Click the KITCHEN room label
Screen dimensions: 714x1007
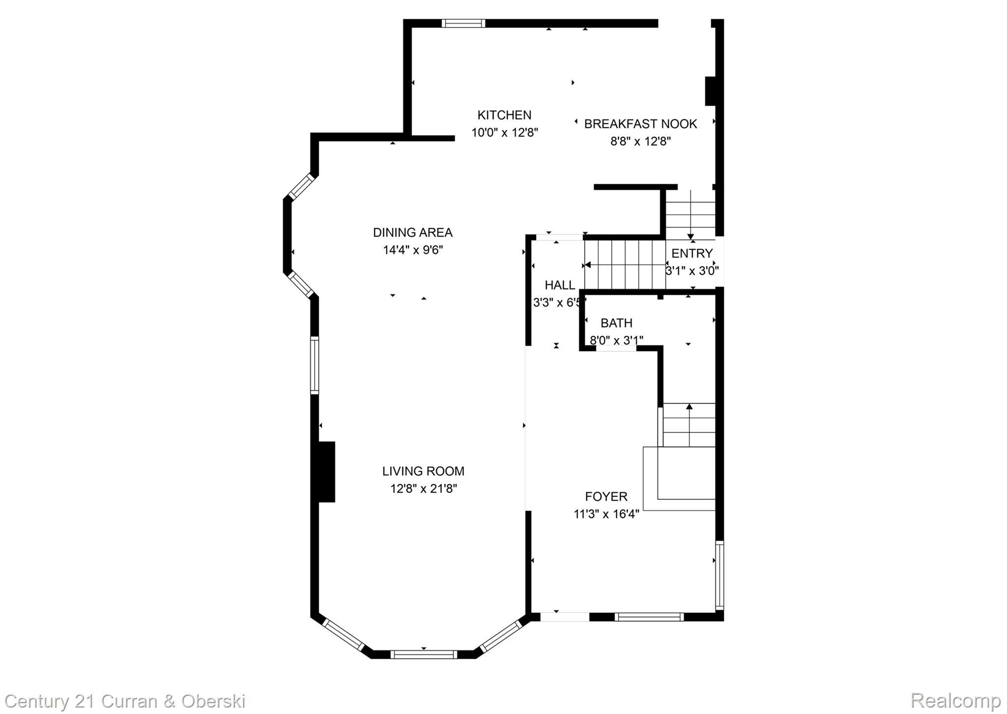coord(504,115)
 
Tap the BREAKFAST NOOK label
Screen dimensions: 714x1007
coord(640,124)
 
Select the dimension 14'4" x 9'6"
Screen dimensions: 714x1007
coord(413,250)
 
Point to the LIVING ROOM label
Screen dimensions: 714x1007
coord(423,471)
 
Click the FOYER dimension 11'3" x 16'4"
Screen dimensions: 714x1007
coord(606,514)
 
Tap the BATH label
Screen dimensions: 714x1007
coord(616,323)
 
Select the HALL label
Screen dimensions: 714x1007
coord(560,285)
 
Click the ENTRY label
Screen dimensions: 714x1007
coord(692,254)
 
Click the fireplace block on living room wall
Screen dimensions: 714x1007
coord(326,472)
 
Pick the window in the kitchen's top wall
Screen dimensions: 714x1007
coord(463,23)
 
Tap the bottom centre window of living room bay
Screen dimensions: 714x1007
coord(423,654)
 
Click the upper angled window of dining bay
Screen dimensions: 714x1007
coord(301,186)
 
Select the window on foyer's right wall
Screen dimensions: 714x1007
coord(719,575)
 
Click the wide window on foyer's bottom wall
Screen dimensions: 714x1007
coord(649,617)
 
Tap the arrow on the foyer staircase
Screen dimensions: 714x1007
coord(689,407)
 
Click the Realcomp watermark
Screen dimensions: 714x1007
coord(955,700)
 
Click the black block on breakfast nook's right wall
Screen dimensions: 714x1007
coord(710,91)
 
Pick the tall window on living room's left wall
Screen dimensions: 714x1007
coord(314,365)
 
